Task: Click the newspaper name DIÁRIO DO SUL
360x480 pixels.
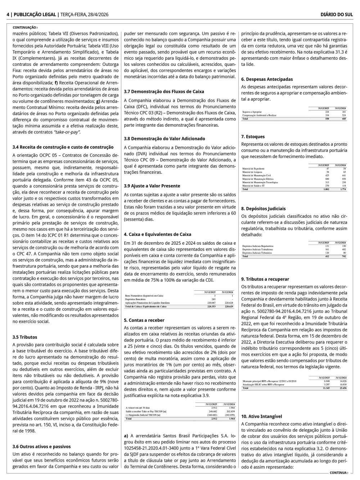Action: click(x=337, y=14)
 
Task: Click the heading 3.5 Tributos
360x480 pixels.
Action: click(x=25, y=337)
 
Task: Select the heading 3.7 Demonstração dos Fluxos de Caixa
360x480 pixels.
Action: click(x=164, y=91)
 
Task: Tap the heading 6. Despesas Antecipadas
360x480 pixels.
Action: click(x=267, y=79)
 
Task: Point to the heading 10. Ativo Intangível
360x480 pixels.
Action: click(x=261, y=416)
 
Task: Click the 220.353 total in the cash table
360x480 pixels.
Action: click(x=211, y=307)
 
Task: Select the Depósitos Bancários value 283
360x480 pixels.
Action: click(x=213, y=299)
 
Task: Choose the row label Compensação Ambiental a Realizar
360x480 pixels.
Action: click(x=259, y=115)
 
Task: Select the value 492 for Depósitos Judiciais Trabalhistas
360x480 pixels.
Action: click(x=344, y=249)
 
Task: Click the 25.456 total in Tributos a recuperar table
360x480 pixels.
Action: click(x=343, y=388)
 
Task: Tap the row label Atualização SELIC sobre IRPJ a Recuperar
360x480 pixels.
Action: click(x=263, y=385)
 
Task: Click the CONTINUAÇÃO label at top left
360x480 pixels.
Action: click(x=25, y=27)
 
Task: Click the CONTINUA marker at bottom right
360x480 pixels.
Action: click(x=339, y=473)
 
